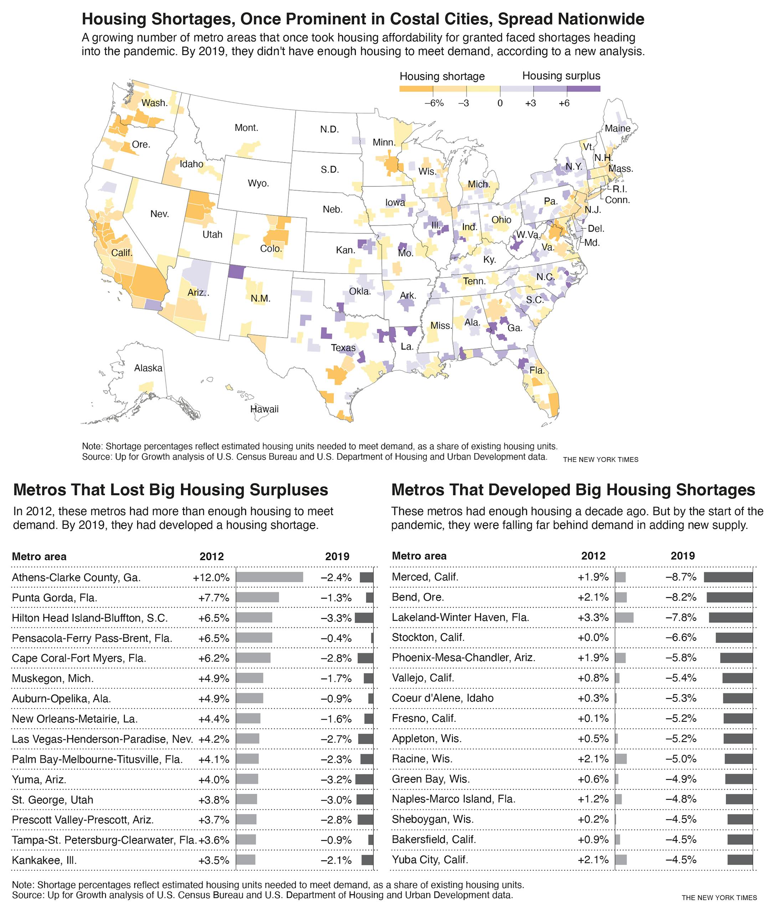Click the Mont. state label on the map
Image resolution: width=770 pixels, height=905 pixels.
(x=246, y=128)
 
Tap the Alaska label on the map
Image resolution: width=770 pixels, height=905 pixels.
(x=148, y=368)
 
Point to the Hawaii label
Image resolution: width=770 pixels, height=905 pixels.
(x=264, y=409)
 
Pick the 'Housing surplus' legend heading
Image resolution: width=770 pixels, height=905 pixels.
(x=561, y=76)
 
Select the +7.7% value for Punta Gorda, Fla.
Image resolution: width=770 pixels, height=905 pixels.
(x=214, y=598)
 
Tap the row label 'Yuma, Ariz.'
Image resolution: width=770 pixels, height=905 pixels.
(x=39, y=779)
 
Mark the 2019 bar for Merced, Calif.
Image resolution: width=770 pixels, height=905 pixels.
(x=728, y=577)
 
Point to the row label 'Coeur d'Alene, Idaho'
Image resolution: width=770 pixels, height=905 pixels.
(x=443, y=698)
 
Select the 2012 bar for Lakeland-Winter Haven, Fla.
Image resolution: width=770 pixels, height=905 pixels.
(x=624, y=617)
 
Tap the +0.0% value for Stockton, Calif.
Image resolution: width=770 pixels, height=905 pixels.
(x=593, y=637)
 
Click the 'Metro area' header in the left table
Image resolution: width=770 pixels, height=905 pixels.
(x=39, y=556)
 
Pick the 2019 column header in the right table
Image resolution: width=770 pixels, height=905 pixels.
(x=683, y=556)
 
